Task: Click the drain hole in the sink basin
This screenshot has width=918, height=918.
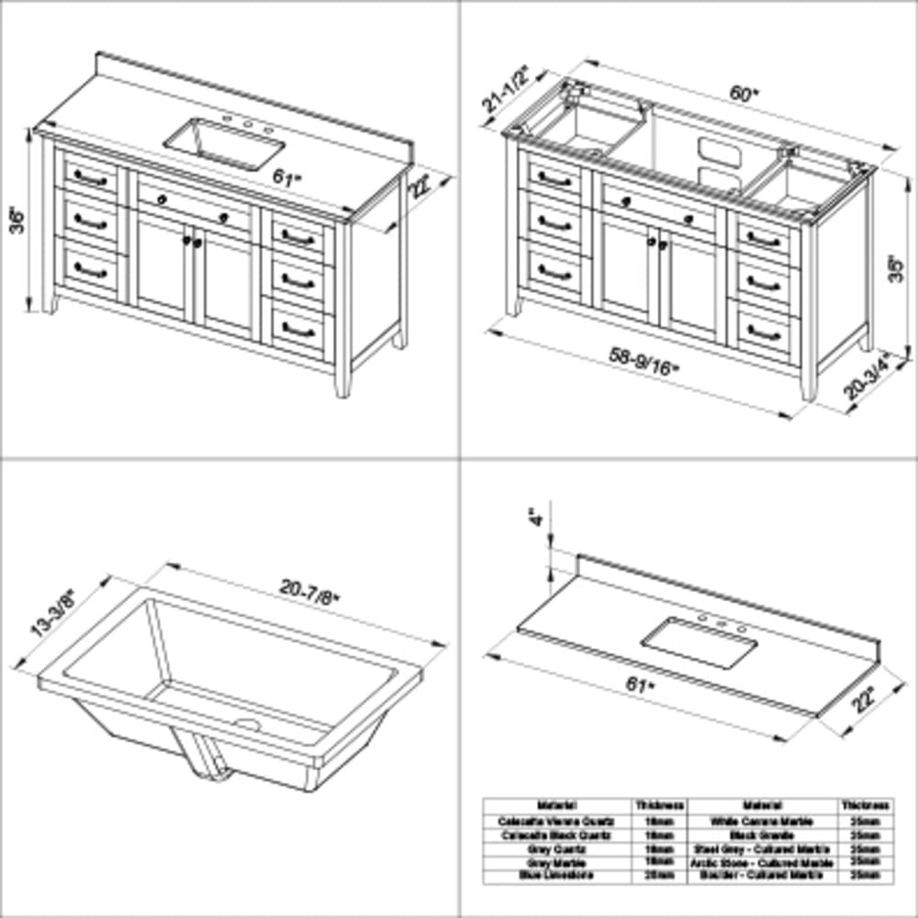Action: [246, 725]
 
